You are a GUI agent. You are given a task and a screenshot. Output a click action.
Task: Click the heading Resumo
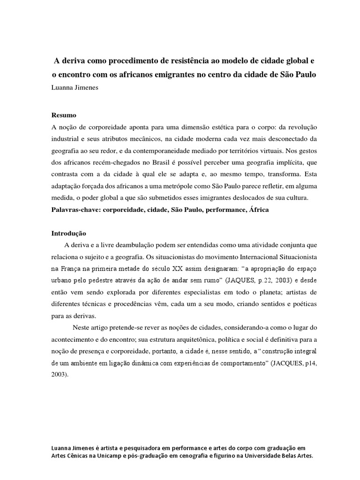click(63, 115)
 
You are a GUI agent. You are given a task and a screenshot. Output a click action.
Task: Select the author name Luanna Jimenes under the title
click(75, 87)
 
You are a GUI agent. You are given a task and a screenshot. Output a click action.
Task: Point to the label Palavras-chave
click(76, 210)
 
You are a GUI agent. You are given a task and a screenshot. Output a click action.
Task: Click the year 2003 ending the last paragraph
click(60, 375)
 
